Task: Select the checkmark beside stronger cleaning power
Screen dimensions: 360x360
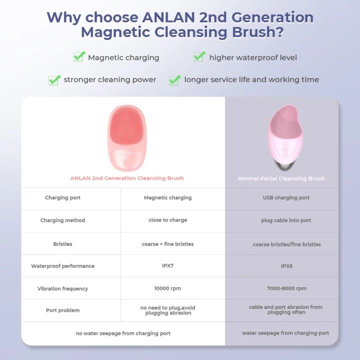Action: pos(54,79)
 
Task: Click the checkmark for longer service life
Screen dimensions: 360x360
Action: pos(174,79)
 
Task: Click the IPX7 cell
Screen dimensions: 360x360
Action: pos(167,265)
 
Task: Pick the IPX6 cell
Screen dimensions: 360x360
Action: pos(286,266)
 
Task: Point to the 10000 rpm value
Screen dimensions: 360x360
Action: pos(167,288)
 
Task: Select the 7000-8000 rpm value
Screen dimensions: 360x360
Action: pos(286,288)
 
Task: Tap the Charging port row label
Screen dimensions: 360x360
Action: pos(62,197)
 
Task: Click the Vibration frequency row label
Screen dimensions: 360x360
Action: pos(62,288)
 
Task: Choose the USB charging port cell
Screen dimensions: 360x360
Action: pos(286,197)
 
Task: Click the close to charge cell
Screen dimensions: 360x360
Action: pos(167,220)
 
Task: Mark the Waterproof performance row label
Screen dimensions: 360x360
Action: pos(62,266)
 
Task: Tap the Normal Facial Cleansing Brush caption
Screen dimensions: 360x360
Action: pos(281,178)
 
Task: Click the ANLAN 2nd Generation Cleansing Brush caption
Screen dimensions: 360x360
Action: pos(127,178)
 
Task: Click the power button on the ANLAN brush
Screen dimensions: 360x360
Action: pos(127,162)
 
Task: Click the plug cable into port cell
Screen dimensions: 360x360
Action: pos(286,220)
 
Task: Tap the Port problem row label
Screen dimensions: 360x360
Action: pos(62,310)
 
